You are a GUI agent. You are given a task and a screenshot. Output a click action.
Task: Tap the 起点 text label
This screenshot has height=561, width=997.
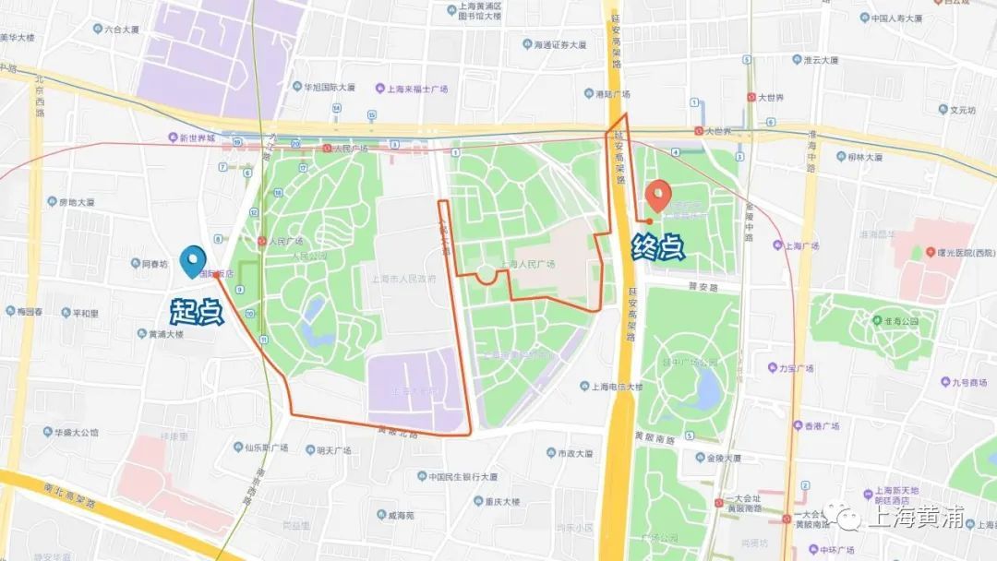(196, 311)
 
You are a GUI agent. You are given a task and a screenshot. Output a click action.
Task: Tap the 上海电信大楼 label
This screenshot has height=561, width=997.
(617, 387)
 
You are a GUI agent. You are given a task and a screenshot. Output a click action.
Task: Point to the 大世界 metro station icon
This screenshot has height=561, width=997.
(699, 131)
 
